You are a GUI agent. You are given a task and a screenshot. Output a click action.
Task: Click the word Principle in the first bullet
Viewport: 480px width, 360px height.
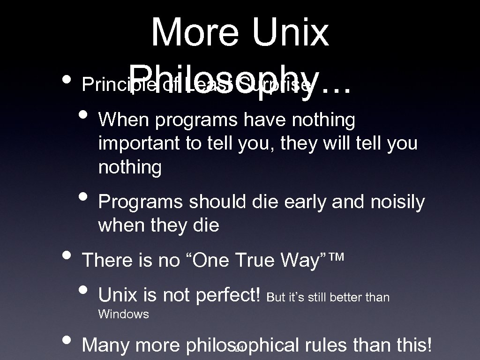[x=105, y=85]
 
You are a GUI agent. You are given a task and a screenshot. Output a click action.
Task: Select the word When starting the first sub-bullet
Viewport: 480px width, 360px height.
[x=123, y=120]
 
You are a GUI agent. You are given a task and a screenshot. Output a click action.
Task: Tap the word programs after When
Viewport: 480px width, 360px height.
[x=196, y=120]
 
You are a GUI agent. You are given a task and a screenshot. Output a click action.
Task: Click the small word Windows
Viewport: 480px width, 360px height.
[x=123, y=315]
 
